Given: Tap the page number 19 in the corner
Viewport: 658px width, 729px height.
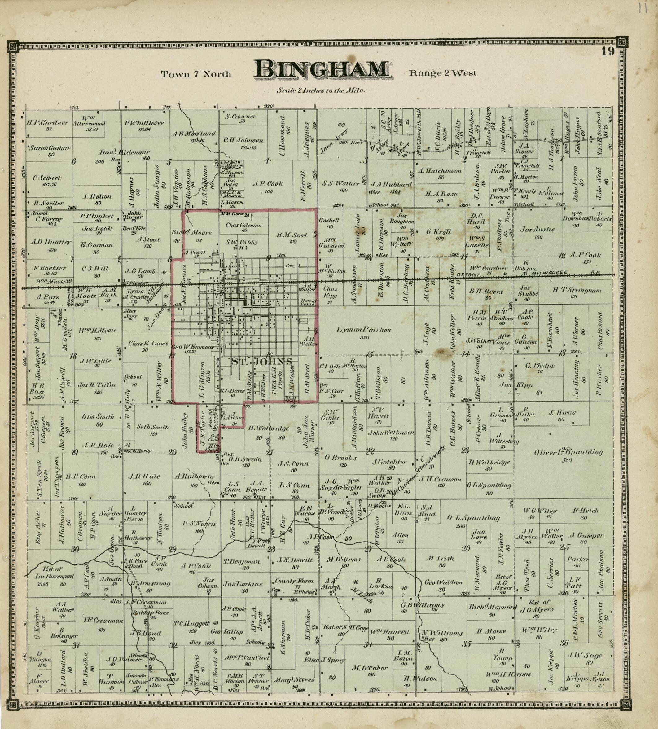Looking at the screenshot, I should tap(608, 51).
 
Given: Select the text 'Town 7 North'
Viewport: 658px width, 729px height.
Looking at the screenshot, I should tap(196, 74).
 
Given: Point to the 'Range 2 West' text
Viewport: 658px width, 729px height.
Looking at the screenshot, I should tap(443, 73).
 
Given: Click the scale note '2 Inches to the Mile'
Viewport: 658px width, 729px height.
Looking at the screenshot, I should tap(321, 90).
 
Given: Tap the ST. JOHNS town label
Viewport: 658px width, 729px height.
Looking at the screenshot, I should tap(261, 361).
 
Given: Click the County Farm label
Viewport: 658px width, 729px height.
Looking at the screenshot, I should tap(294, 581).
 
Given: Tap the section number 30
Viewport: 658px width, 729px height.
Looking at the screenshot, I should tap(75, 549).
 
